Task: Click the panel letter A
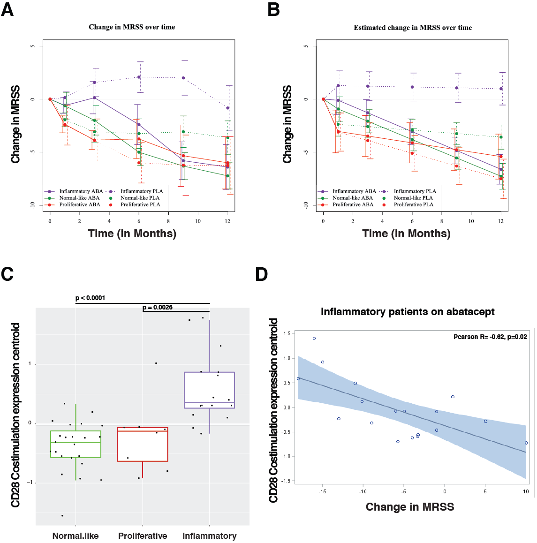click(x=7, y=9)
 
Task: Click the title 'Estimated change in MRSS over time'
click(x=413, y=28)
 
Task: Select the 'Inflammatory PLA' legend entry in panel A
click(x=141, y=191)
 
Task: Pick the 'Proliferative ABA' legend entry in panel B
click(x=353, y=204)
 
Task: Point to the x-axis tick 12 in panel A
click(x=227, y=221)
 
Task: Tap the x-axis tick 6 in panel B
click(x=412, y=221)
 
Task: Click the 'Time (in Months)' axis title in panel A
click(x=132, y=234)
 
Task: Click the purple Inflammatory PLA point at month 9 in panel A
click(x=183, y=78)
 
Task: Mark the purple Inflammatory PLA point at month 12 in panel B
click(x=501, y=89)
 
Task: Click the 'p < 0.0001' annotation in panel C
click(x=90, y=298)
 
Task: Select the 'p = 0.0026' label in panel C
click(x=158, y=308)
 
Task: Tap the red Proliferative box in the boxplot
click(x=143, y=445)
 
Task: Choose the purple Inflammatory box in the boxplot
click(x=209, y=390)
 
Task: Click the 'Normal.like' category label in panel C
click(x=76, y=536)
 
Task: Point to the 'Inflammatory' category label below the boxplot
click(x=209, y=536)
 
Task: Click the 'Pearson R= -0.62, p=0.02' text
click(x=490, y=337)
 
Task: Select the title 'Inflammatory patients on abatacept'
click(x=408, y=312)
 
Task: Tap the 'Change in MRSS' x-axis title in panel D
click(x=410, y=507)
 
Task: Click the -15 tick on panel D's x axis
click(x=322, y=491)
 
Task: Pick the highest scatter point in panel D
click(x=314, y=339)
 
